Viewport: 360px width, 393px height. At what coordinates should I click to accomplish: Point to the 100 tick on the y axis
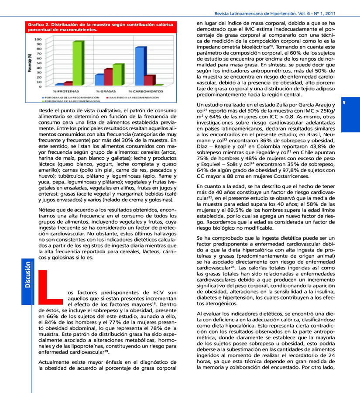pyautogui.click(x=38, y=39)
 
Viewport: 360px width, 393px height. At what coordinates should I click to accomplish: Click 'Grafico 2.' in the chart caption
pyautogui.click(x=38, y=24)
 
